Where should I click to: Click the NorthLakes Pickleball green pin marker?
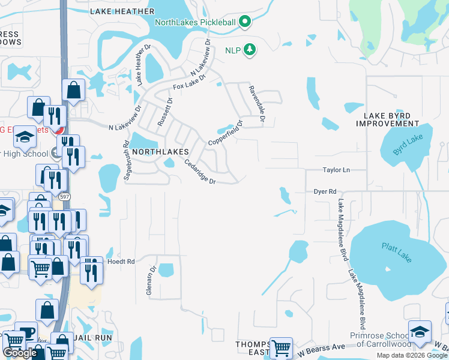[x=244, y=23]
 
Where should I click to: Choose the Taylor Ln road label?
[x=336, y=170]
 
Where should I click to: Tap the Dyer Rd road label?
[x=325, y=191]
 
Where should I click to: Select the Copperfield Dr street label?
[x=225, y=133]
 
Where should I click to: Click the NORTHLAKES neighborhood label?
[x=160, y=152]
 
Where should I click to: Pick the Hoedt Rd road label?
[x=121, y=262]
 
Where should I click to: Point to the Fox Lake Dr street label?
[x=190, y=82]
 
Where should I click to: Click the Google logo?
[x=20, y=353]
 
